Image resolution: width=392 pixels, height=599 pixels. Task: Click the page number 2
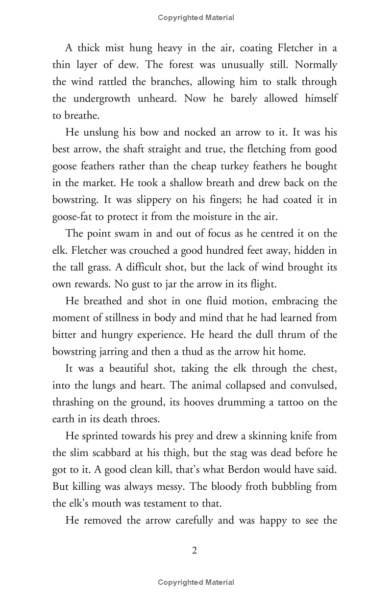tap(195, 551)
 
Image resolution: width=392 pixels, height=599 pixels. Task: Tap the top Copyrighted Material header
tap(196, 18)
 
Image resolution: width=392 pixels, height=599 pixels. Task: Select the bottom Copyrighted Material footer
tap(196, 582)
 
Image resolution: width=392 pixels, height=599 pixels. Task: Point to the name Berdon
tap(249, 470)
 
